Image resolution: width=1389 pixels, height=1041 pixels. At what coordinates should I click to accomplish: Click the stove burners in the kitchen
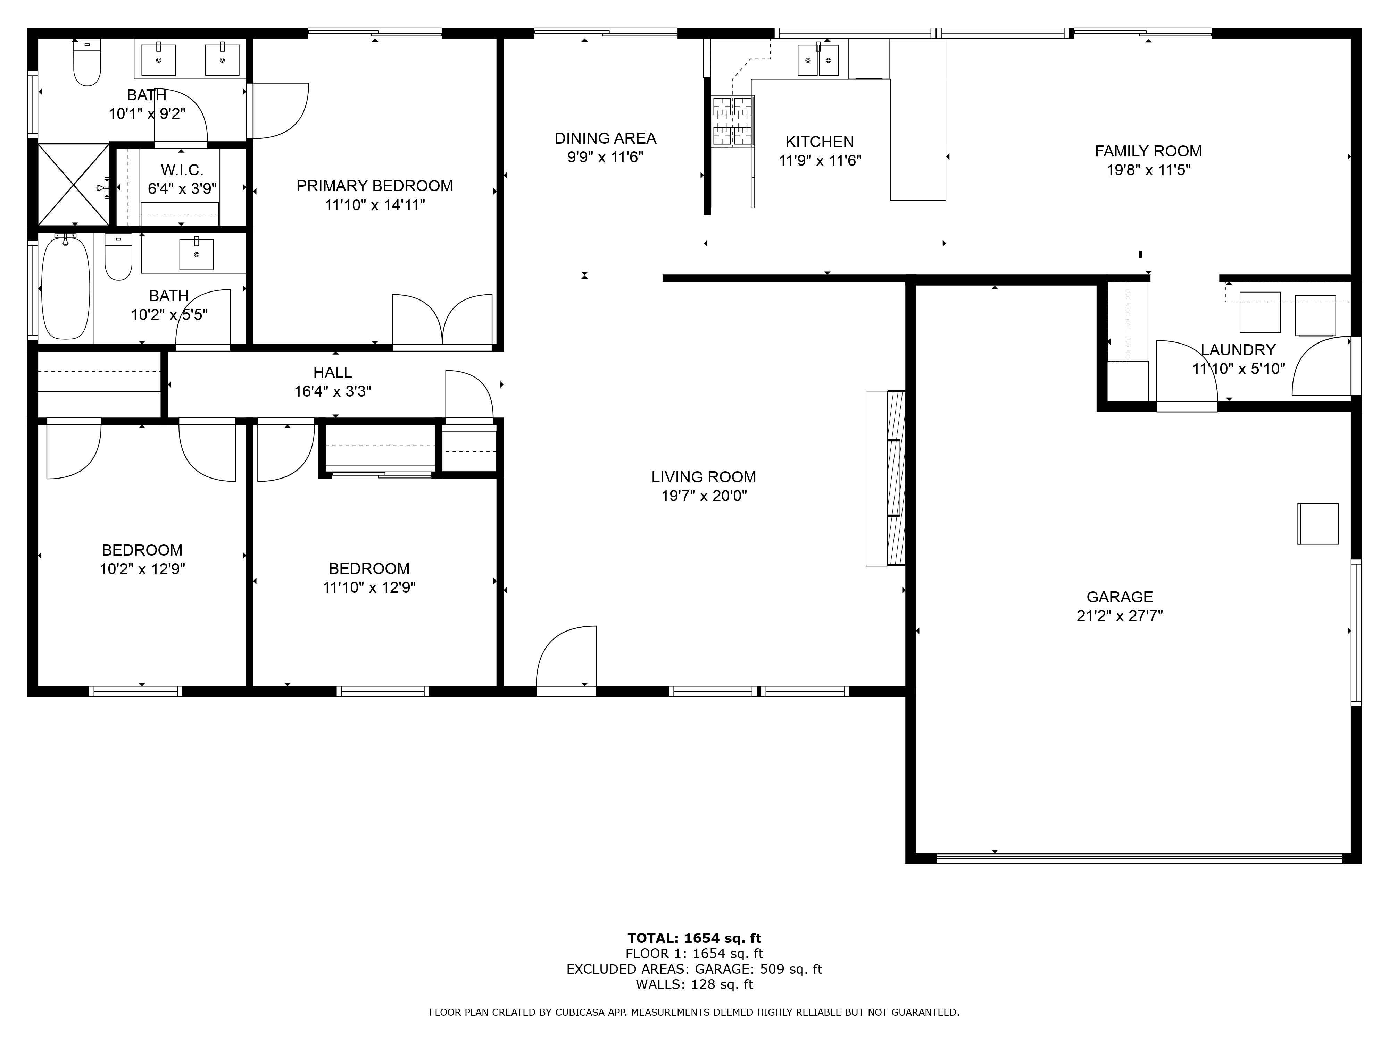pos(732,121)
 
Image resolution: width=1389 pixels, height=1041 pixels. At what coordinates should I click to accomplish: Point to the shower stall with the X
pos(74,185)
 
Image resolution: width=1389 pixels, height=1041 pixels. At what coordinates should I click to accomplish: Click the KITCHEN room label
pos(820,142)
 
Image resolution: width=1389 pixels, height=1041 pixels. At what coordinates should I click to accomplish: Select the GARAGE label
pos(1120,597)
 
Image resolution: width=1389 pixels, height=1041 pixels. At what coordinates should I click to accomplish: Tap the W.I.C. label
pos(182,170)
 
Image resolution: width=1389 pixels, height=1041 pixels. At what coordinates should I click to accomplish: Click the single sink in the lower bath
pos(197,254)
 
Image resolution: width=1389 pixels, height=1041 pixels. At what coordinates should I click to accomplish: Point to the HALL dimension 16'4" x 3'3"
pos(332,391)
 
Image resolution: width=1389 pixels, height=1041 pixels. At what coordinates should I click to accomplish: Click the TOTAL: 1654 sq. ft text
pos(694,938)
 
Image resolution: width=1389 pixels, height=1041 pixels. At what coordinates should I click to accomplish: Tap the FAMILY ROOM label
pos(1148,151)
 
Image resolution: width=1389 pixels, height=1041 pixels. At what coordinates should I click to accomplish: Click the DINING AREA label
pos(605,138)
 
